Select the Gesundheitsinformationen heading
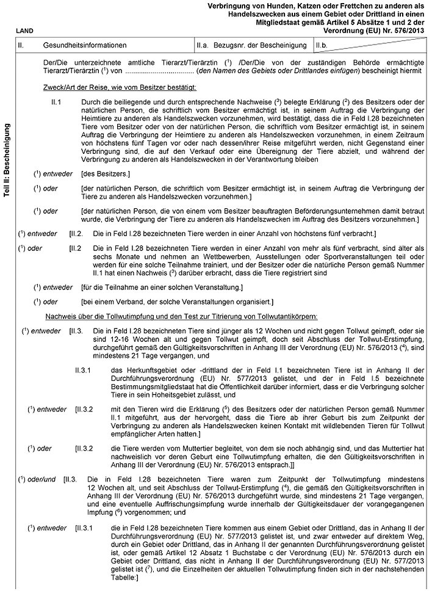(85, 45)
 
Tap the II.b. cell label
(323, 45)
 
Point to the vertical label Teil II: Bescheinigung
(7, 159)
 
